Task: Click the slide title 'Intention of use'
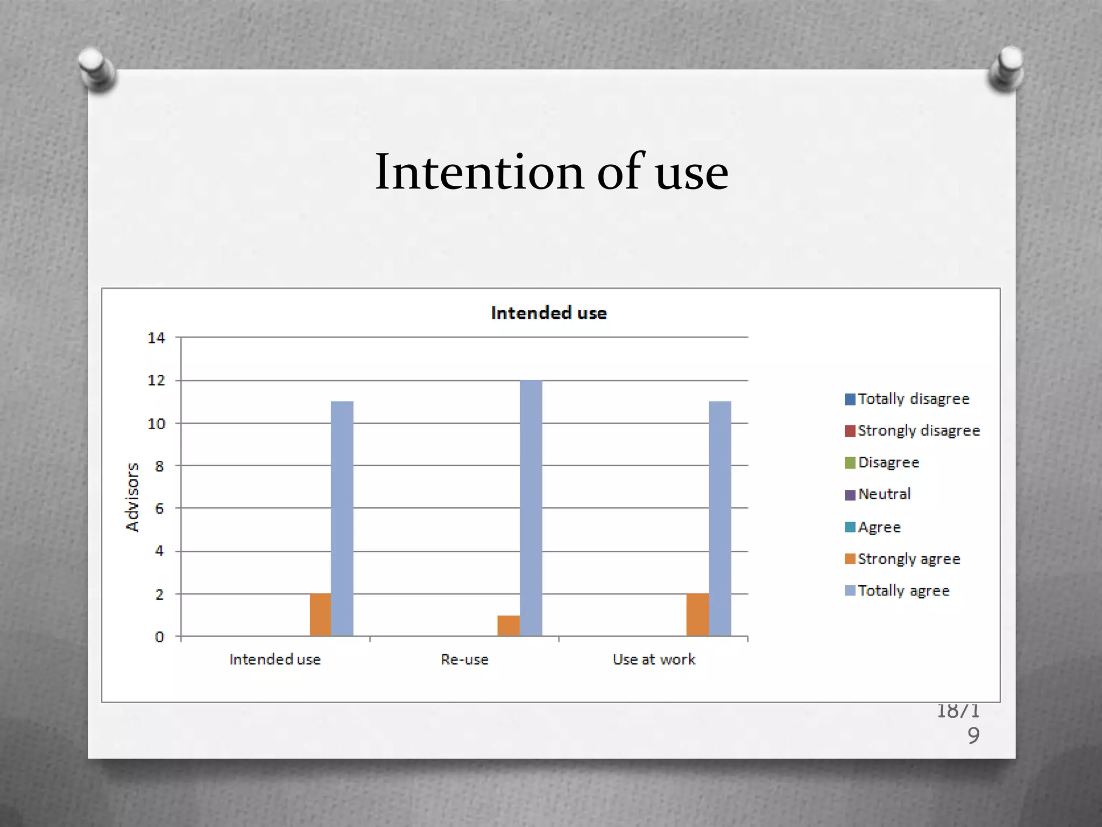tap(551, 172)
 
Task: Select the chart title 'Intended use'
tap(549, 313)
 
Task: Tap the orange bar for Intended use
tap(320, 615)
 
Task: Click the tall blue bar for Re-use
tap(531, 508)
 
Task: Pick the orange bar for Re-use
tap(508, 626)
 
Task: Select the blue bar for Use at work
tap(720, 518)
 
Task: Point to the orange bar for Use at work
tap(697, 615)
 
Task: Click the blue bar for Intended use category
tap(342, 518)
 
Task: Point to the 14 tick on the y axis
tap(157, 338)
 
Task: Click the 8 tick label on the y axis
tap(159, 466)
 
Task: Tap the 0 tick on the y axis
tap(159, 637)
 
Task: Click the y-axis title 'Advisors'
tap(132, 497)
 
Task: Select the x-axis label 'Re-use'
tap(464, 660)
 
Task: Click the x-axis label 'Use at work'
tap(654, 660)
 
